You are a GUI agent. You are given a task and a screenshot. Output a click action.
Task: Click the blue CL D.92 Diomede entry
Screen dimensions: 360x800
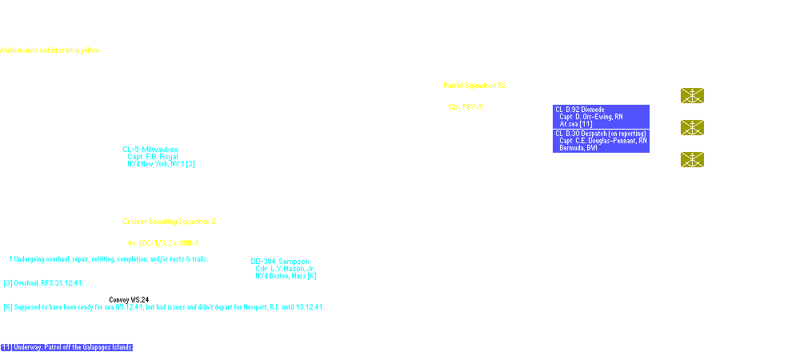(x=582, y=109)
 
